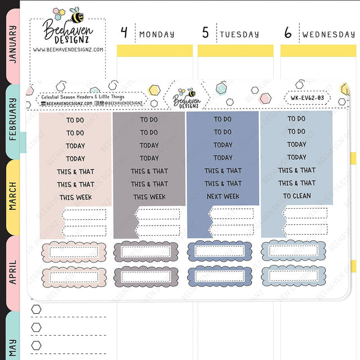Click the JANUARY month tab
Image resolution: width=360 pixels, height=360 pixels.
pyautogui.click(x=13, y=46)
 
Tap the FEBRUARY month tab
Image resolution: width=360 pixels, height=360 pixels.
pyautogui.click(x=13, y=121)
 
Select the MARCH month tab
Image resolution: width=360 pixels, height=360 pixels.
pyautogui.click(x=13, y=197)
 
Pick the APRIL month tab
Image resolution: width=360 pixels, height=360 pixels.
pyautogui.click(x=13, y=273)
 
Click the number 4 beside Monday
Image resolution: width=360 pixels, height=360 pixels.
pyautogui.click(x=124, y=32)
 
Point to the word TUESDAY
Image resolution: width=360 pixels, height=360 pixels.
pyautogui.click(x=240, y=34)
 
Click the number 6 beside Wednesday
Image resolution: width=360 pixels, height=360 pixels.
pyautogui.click(x=288, y=33)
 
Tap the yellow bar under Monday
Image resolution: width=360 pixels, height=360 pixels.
pyautogui.click(x=155, y=51)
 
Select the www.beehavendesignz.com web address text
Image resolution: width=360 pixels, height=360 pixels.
pyautogui.click(x=68, y=49)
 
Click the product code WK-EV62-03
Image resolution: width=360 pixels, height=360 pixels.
pyautogui.click(x=308, y=98)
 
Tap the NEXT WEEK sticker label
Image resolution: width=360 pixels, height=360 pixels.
pyautogui.click(x=223, y=196)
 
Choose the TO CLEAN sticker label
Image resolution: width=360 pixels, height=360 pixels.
pyautogui.click(x=297, y=196)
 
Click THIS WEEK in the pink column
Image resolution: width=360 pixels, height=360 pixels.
pyautogui.click(x=75, y=197)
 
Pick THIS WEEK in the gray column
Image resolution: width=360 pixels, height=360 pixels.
pyautogui.click(x=150, y=197)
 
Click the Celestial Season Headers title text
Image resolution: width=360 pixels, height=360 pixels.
pyautogui.click(x=83, y=97)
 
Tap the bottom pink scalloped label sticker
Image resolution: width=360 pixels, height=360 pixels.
pyautogui.click(x=74, y=277)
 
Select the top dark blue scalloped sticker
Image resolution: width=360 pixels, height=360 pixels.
pyautogui.click(x=220, y=251)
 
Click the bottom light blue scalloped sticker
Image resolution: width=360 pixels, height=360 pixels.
pyautogui.click(x=294, y=276)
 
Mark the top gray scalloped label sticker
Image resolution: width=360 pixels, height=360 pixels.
pyautogui.click(x=146, y=251)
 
